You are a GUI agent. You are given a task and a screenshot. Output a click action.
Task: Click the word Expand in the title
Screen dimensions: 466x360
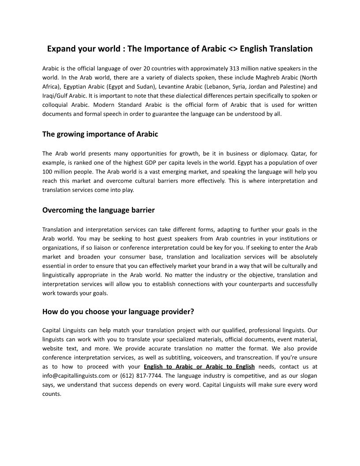(61, 49)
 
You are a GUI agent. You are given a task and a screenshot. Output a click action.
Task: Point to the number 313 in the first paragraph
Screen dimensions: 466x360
(236, 68)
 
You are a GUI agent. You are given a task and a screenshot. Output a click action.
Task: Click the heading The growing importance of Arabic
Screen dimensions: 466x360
(100, 134)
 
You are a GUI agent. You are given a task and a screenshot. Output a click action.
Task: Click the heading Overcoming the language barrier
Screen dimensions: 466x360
(98, 210)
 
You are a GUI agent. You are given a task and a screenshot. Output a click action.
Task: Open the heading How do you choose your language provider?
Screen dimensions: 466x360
(118, 312)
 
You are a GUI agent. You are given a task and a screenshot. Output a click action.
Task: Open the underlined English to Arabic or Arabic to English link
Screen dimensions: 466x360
(199, 366)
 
